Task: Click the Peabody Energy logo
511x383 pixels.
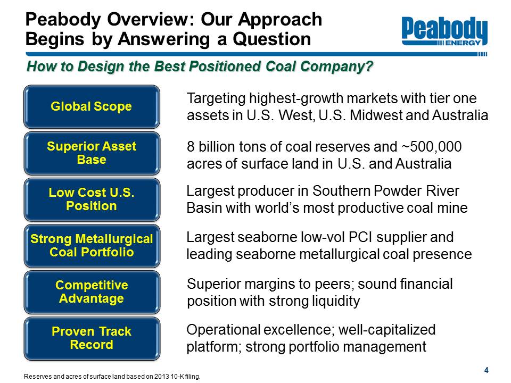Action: coord(444,31)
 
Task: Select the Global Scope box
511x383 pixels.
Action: coord(92,106)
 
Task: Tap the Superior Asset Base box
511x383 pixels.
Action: coord(92,153)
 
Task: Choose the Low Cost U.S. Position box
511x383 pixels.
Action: coord(92,199)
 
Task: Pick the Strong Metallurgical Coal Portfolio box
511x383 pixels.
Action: coord(92,246)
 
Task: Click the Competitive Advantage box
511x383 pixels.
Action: coord(92,292)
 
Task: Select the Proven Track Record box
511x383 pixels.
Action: coord(92,338)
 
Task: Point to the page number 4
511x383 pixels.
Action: coord(486,370)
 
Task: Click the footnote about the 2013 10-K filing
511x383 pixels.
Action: coord(112,377)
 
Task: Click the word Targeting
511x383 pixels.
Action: coord(216,99)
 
